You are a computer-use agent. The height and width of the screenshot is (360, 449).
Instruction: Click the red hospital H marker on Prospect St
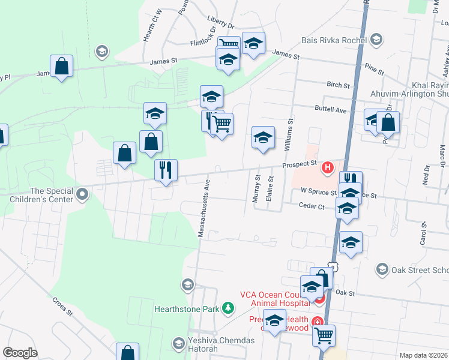click(x=328, y=167)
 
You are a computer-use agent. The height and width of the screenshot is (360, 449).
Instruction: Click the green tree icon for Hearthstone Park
click(x=228, y=308)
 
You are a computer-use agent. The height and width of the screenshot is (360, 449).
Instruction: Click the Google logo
click(x=20, y=353)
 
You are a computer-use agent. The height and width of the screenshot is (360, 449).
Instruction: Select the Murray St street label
click(x=256, y=187)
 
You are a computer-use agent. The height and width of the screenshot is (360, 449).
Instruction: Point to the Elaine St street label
click(x=271, y=188)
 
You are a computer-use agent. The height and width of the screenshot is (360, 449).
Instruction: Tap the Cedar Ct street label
click(x=312, y=206)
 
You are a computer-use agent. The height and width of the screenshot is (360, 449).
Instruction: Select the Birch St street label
click(x=339, y=85)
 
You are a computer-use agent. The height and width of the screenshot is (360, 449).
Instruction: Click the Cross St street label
click(x=62, y=306)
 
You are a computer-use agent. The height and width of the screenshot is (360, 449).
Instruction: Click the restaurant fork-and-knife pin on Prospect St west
click(x=165, y=170)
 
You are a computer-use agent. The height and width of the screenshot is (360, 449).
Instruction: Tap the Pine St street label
click(x=373, y=71)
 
